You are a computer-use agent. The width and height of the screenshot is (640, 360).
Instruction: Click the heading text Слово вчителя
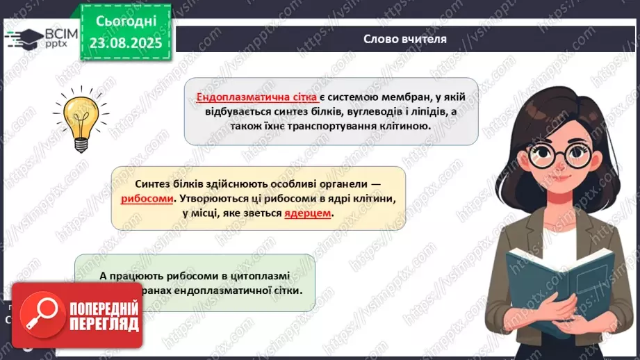coord(404,39)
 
